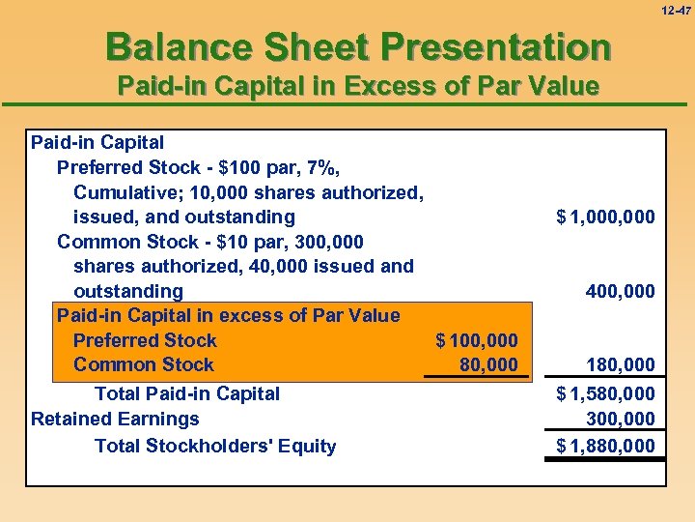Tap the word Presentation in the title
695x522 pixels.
(495, 45)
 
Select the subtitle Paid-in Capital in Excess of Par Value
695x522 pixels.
(357, 86)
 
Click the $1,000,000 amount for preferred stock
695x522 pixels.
(605, 217)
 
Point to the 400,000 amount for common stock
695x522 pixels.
(620, 291)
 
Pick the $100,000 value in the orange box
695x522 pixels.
(477, 340)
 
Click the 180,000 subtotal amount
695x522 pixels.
(620, 364)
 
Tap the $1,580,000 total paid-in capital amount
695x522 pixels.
(605, 394)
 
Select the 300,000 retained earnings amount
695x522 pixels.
(620, 420)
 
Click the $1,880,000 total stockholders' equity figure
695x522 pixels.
(605, 446)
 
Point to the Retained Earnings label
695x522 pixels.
(115, 419)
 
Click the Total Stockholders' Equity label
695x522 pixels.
(215, 446)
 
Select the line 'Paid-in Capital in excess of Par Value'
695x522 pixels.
(228, 315)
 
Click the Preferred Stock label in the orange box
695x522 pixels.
(145, 340)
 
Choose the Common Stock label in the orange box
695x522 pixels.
(143, 364)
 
